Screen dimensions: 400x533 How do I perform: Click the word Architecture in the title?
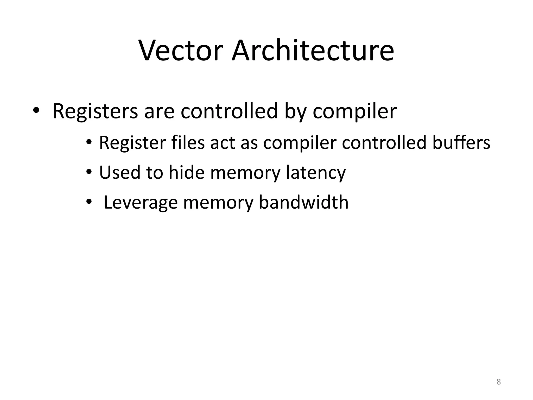(x=313, y=51)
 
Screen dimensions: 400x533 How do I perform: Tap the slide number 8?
(x=498, y=382)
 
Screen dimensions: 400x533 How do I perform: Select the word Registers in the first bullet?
(x=95, y=111)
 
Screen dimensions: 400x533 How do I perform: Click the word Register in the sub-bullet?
(x=132, y=143)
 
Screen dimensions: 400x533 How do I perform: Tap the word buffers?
(x=461, y=143)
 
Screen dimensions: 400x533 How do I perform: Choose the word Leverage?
(x=141, y=203)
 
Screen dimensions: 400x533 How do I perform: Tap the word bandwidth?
(x=303, y=202)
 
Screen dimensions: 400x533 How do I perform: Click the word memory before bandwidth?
(x=218, y=203)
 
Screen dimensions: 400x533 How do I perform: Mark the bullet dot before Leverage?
(x=89, y=202)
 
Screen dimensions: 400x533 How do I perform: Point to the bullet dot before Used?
(x=89, y=172)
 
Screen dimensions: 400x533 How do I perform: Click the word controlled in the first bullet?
(x=229, y=111)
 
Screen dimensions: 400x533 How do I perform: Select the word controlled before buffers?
(x=384, y=143)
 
